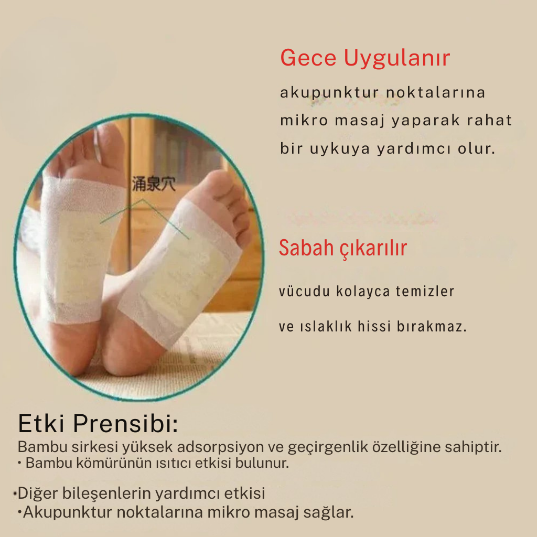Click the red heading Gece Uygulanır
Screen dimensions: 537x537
365,58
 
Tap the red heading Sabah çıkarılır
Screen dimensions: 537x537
342,248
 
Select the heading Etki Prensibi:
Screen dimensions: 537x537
98,424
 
